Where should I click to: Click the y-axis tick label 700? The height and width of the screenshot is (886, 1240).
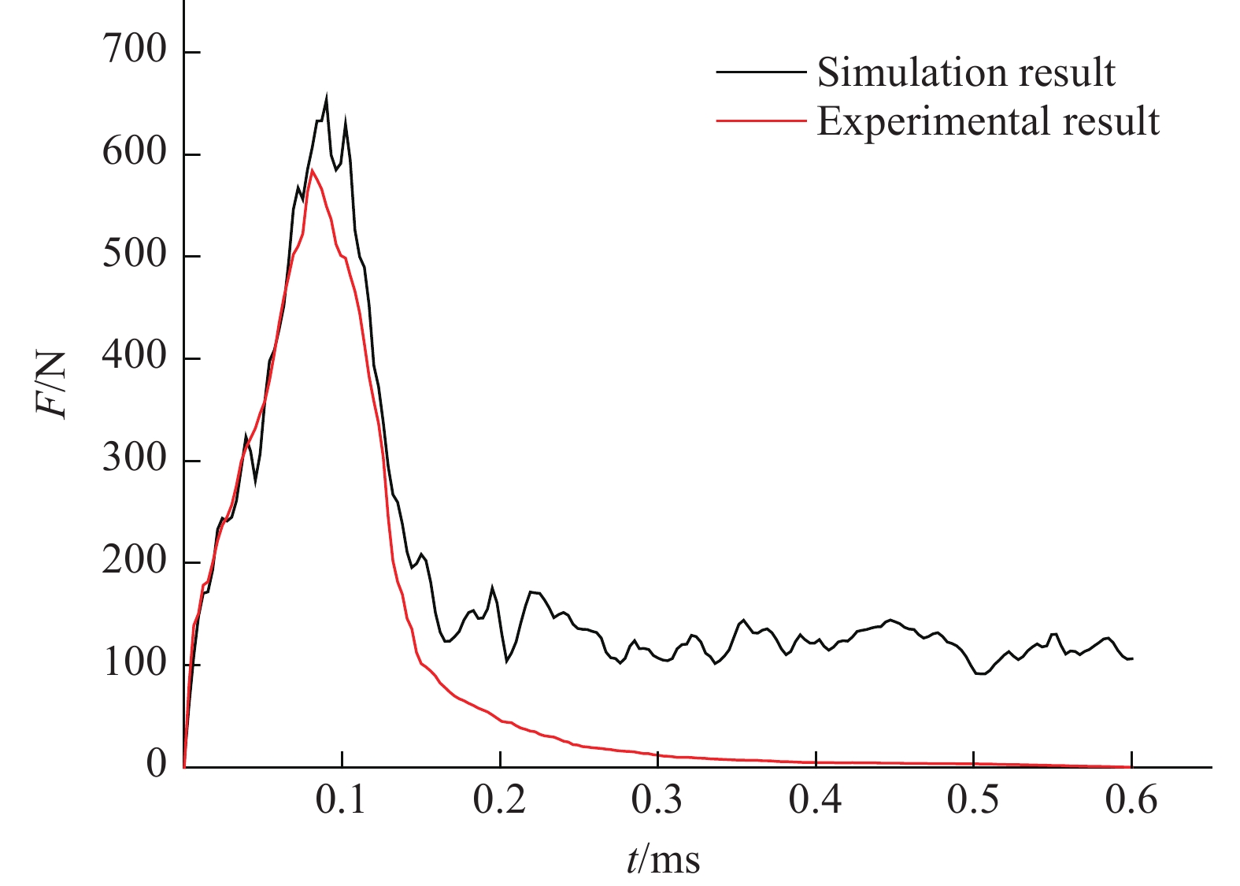[135, 51]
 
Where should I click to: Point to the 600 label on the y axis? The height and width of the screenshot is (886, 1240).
[135, 153]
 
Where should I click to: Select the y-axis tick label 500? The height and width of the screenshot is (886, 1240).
[135, 255]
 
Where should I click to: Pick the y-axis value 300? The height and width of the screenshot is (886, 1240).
[135, 459]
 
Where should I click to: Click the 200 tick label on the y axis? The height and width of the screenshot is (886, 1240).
[135, 562]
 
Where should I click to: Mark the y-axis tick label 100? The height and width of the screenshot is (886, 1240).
[135, 664]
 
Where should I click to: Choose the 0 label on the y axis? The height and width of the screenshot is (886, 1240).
[157, 764]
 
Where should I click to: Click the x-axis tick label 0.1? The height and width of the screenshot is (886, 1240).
[342, 801]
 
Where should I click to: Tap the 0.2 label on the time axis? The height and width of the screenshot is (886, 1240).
[500, 801]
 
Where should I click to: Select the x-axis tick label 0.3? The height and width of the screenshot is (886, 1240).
[658, 801]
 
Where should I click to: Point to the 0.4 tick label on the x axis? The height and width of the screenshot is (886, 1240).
[816, 801]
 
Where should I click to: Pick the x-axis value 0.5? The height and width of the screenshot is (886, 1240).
[974, 801]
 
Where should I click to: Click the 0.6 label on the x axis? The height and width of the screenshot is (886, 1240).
[1132, 801]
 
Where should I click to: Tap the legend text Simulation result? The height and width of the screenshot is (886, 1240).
[966, 72]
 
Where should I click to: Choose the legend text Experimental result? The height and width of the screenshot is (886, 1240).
[988, 121]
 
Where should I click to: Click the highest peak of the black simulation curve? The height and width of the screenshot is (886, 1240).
[326, 96]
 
